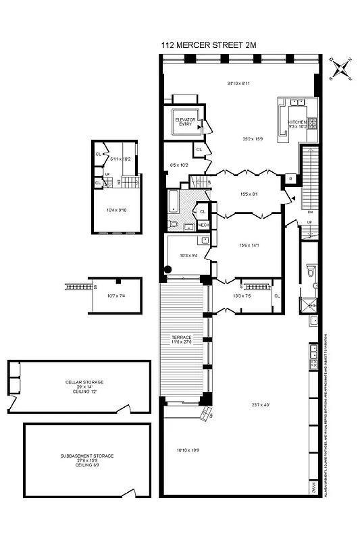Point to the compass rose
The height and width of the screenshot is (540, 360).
341,70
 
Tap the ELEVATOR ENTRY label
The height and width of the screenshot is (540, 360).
184,122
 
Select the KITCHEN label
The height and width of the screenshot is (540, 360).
298,123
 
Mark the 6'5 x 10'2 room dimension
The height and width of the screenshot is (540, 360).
179,165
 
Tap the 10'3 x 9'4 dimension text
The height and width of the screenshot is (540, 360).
189,256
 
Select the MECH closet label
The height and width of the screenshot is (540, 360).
203,225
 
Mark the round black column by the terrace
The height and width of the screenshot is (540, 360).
168,271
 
